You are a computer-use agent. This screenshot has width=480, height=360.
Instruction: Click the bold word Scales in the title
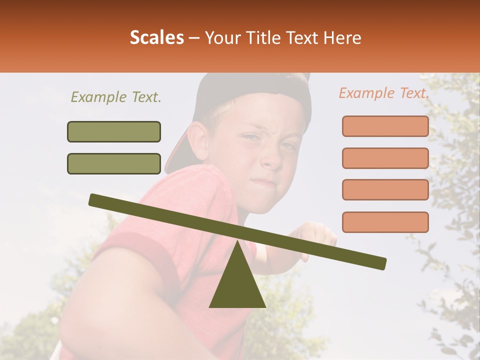(x=156, y=38)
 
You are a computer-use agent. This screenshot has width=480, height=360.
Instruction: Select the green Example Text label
(x=116, y=97)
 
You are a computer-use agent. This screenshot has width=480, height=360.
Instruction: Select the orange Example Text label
(x=384, y=93)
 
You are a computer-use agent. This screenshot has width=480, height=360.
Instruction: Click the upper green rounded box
(x=114, y=131)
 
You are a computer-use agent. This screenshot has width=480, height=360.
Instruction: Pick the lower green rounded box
(x=114, y=163)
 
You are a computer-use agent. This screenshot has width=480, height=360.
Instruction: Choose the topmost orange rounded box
(x=385, y=126)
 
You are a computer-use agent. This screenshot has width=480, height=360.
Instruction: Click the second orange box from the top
(x=385, y=158)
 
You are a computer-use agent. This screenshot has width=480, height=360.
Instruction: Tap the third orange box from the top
(x=385, y=189)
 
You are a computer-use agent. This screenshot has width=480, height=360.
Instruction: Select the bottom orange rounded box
(x=385, y=222)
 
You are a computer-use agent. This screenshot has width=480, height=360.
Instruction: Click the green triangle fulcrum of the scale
(x=237, y=280)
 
